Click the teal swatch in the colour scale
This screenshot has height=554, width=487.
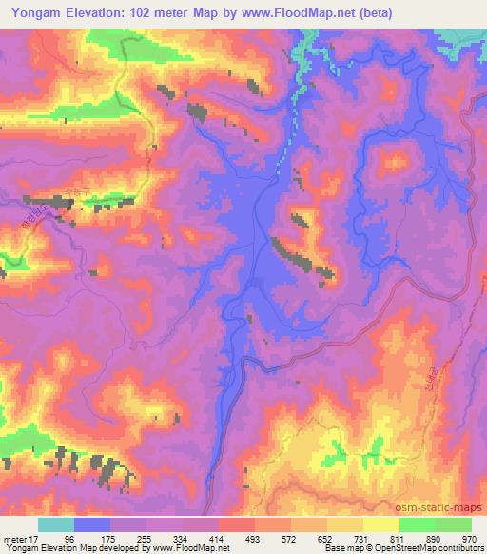coord(56,524)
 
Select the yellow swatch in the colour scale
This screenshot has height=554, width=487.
coord(381,524)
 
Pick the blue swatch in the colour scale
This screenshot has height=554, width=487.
coord(92,524)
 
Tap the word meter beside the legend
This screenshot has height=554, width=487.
coord(14,538)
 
